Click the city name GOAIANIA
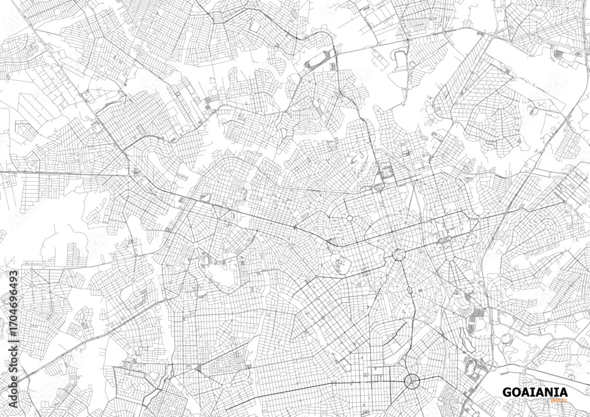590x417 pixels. tap(535, 392)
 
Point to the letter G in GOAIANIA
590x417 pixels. tap(506, 392)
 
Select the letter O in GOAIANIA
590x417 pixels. tap(516, 392)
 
